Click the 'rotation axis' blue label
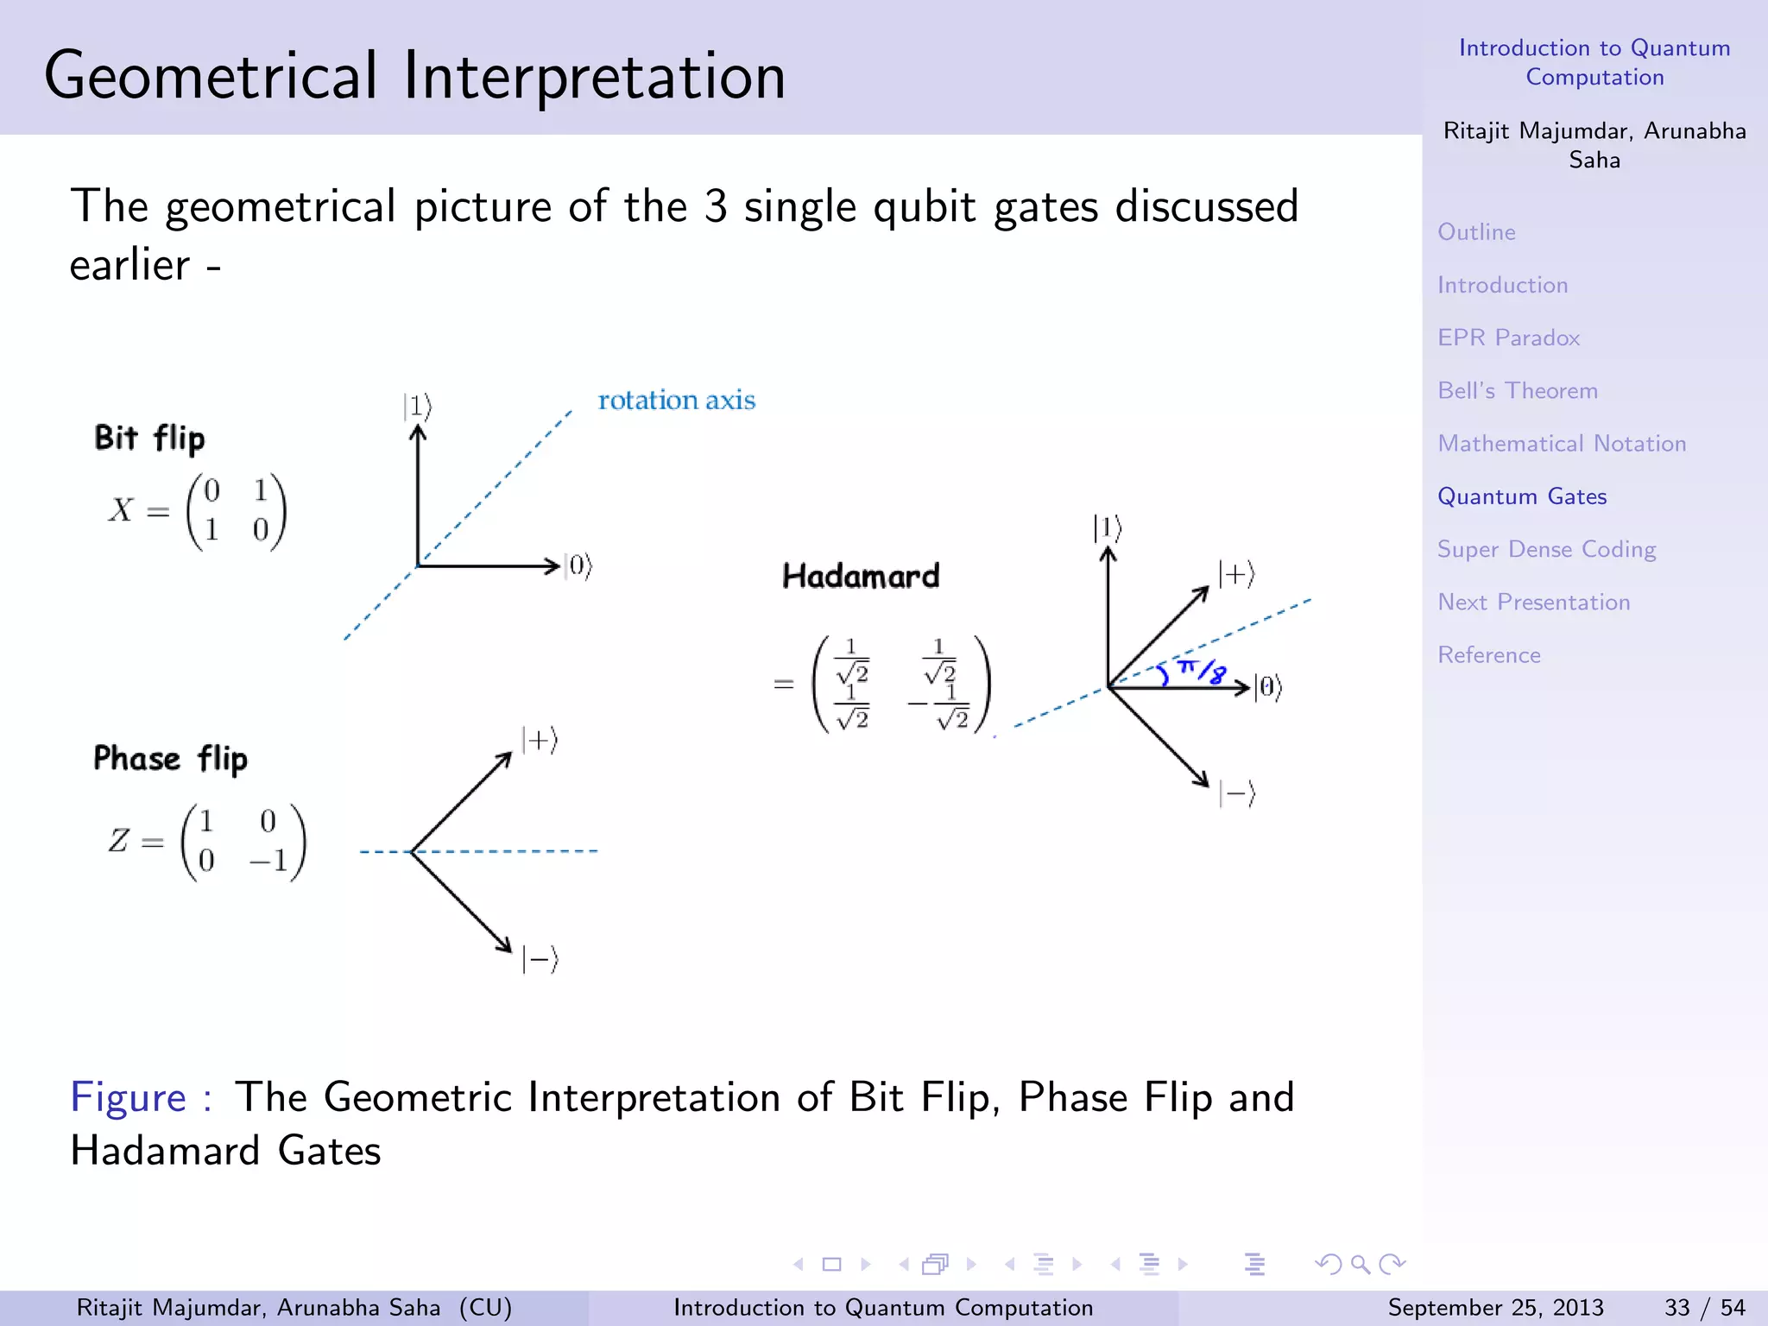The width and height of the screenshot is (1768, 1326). point(676,401)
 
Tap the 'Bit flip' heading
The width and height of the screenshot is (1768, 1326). point(149,439)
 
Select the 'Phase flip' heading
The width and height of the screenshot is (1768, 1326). point(170,759)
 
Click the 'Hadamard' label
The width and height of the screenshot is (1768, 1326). point(860,576)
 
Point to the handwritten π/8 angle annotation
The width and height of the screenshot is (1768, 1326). point(1201,671)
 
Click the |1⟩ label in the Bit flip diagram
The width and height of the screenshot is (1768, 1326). point(417,406)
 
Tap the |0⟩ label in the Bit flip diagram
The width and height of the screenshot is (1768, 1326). point(578,567)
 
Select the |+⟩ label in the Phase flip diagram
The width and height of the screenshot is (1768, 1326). point(540,741)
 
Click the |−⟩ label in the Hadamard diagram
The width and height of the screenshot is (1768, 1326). point(1236,793)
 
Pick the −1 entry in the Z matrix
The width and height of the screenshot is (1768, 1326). point(269,861)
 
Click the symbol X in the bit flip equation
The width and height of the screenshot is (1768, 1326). point(121,510)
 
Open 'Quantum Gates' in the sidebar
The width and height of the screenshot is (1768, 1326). point(1521,496)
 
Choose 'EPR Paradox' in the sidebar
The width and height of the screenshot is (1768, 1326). point(1508,338)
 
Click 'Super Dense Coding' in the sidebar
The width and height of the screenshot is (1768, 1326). point(1546,549)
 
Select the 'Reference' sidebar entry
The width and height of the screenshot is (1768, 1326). point(1488,654)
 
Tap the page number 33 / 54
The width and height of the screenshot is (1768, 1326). point(1704,1308)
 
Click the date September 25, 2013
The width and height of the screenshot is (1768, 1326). point(1495,1308)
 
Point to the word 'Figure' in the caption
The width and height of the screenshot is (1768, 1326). point(128,1098)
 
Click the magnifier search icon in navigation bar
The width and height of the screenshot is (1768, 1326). point(1361,1265)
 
